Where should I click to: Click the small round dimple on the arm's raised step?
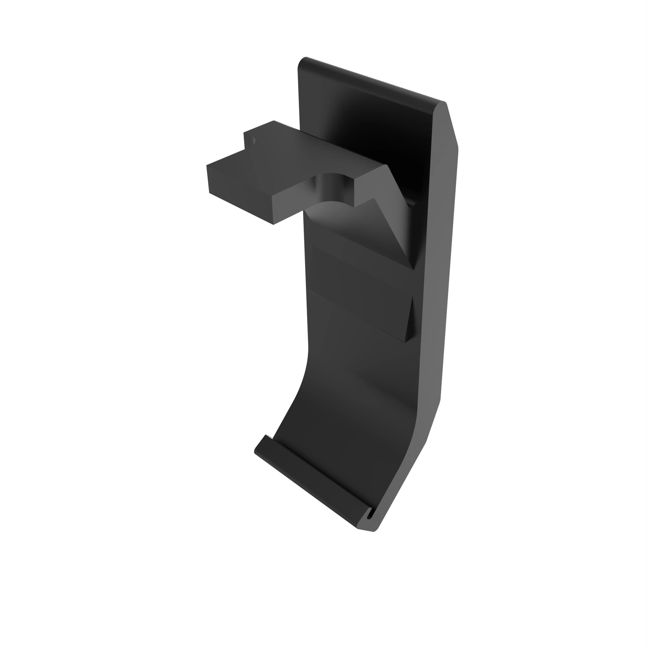253,141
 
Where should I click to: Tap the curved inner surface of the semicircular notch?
332,189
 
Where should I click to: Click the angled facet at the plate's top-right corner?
447,127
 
